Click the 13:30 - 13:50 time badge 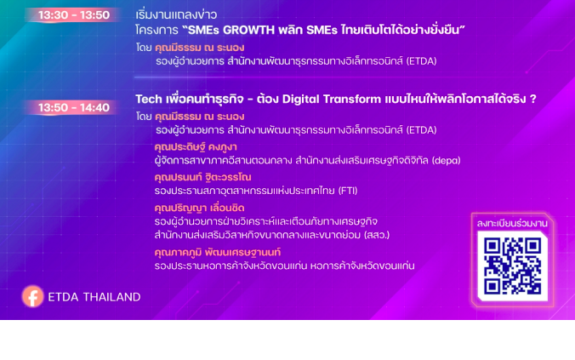[x=74, y=15]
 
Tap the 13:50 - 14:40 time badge [x=74, y=107]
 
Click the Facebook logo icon [x=32, y=296]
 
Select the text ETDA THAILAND [x=94, y=297]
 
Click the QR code [x=512, y=266]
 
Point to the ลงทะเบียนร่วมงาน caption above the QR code [x=512, y=224]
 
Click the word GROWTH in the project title [x=248, y=30]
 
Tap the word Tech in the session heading [x=149, y=99]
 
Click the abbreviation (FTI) [x=348, y=191]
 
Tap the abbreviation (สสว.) [x=377, y=235]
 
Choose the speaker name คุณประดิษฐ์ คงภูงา [x=196, y=147]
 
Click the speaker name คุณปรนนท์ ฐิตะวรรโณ [x=202, y=177]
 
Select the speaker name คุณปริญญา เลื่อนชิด [x=199, y=208]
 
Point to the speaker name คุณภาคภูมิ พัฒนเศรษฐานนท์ [x=218, y=253]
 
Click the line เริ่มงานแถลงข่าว [x=176, y=15]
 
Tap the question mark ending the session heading [x=532, y=99]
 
